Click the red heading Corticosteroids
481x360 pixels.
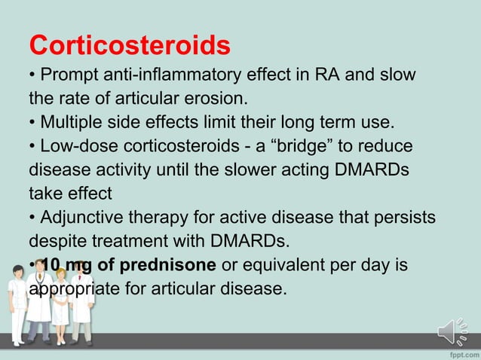click(x=129, y=45)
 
